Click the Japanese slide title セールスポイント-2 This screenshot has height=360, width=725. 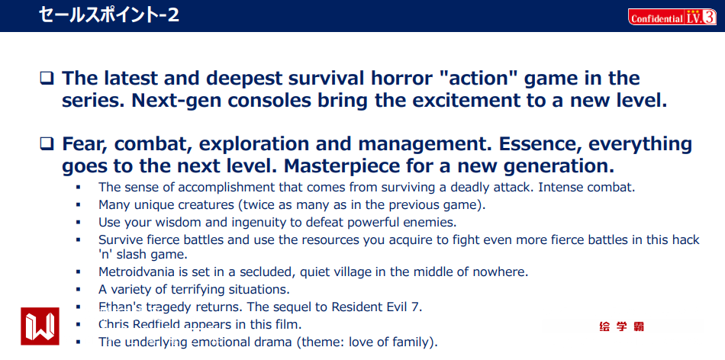tap(108, 15)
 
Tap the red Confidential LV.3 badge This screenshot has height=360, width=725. tap(672, 17)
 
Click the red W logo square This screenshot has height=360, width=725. tap(40, 326)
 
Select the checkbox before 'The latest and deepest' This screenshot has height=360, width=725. tap(47, 78)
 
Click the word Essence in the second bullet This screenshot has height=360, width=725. tap(533, 144)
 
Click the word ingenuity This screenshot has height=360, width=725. tap(250, 223)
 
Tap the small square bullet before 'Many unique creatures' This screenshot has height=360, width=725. tap(78, 204)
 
